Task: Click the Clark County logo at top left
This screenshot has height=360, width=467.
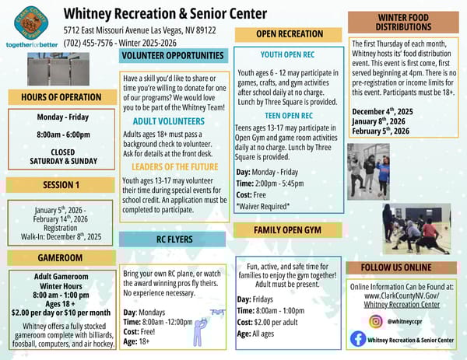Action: pyautogui.click(x=30, y=23)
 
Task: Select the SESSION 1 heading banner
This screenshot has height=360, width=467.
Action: pyautogui.click(x=61, y=185)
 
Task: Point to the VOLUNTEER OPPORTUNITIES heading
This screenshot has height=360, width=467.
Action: pyautogui.click(x=173, y=56)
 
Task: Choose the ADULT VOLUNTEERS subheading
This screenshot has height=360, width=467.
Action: pyautogui.click(x=169, y=122)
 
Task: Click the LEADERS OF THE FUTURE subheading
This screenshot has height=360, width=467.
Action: pyautogui.click(x=174, y=166)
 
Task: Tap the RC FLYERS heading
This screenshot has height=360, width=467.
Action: pyautogui.click(x=174, y=239)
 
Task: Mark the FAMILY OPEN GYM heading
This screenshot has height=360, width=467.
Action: pyautogui.click(x=286, y=230)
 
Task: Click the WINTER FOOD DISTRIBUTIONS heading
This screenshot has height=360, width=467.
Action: pyautogui.click(x=403, y=22)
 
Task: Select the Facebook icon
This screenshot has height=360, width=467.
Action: pyautogui.click(x=358, y=339)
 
